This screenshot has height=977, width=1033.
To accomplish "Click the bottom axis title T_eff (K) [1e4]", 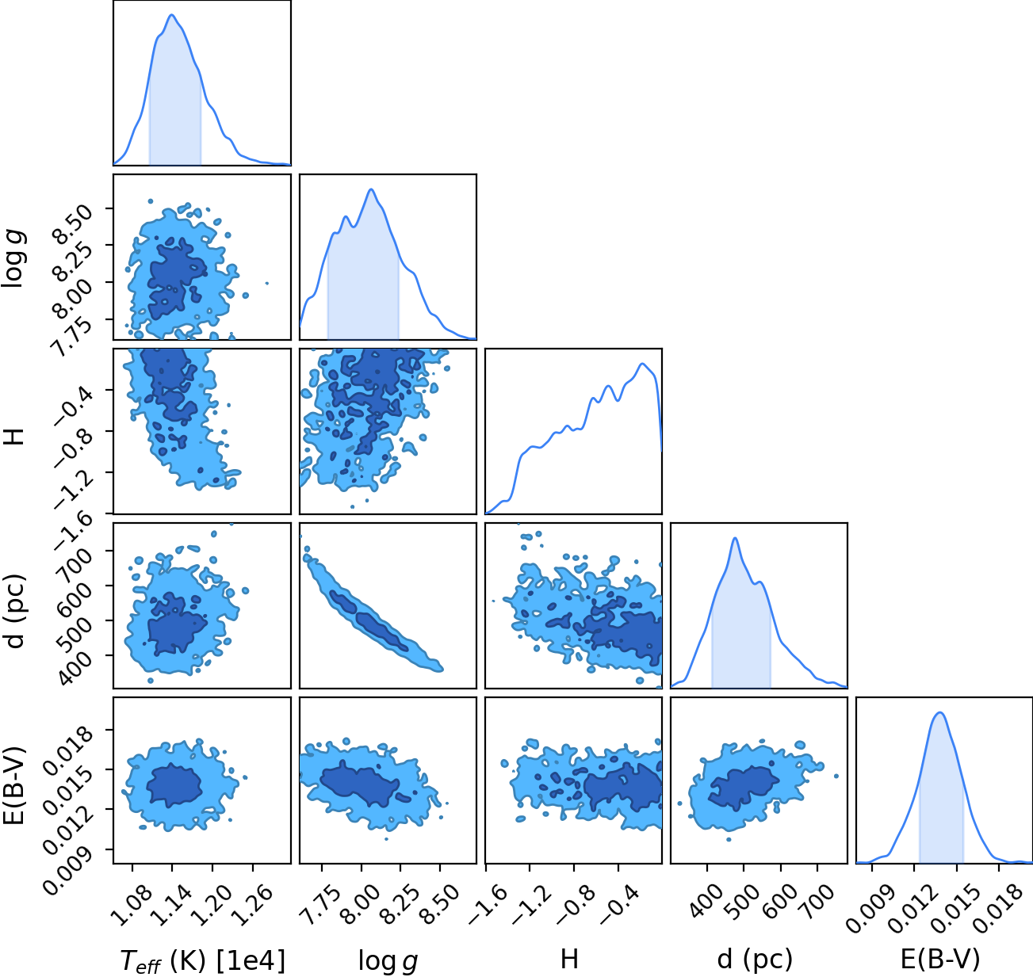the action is click(203, 960).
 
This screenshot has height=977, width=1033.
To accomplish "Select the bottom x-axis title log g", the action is click(388, 961).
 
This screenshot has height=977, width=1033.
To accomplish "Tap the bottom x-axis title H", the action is click(569, 959).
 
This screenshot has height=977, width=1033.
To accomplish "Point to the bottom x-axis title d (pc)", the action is click(755, 960).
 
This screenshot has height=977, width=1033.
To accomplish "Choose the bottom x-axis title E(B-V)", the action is click(940, 960).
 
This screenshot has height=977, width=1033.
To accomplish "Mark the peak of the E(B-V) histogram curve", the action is click(940, 713).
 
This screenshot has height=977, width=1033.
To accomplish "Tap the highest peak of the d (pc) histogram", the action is click(735, 538).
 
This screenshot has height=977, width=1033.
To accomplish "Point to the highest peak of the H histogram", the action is click(641, 364).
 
